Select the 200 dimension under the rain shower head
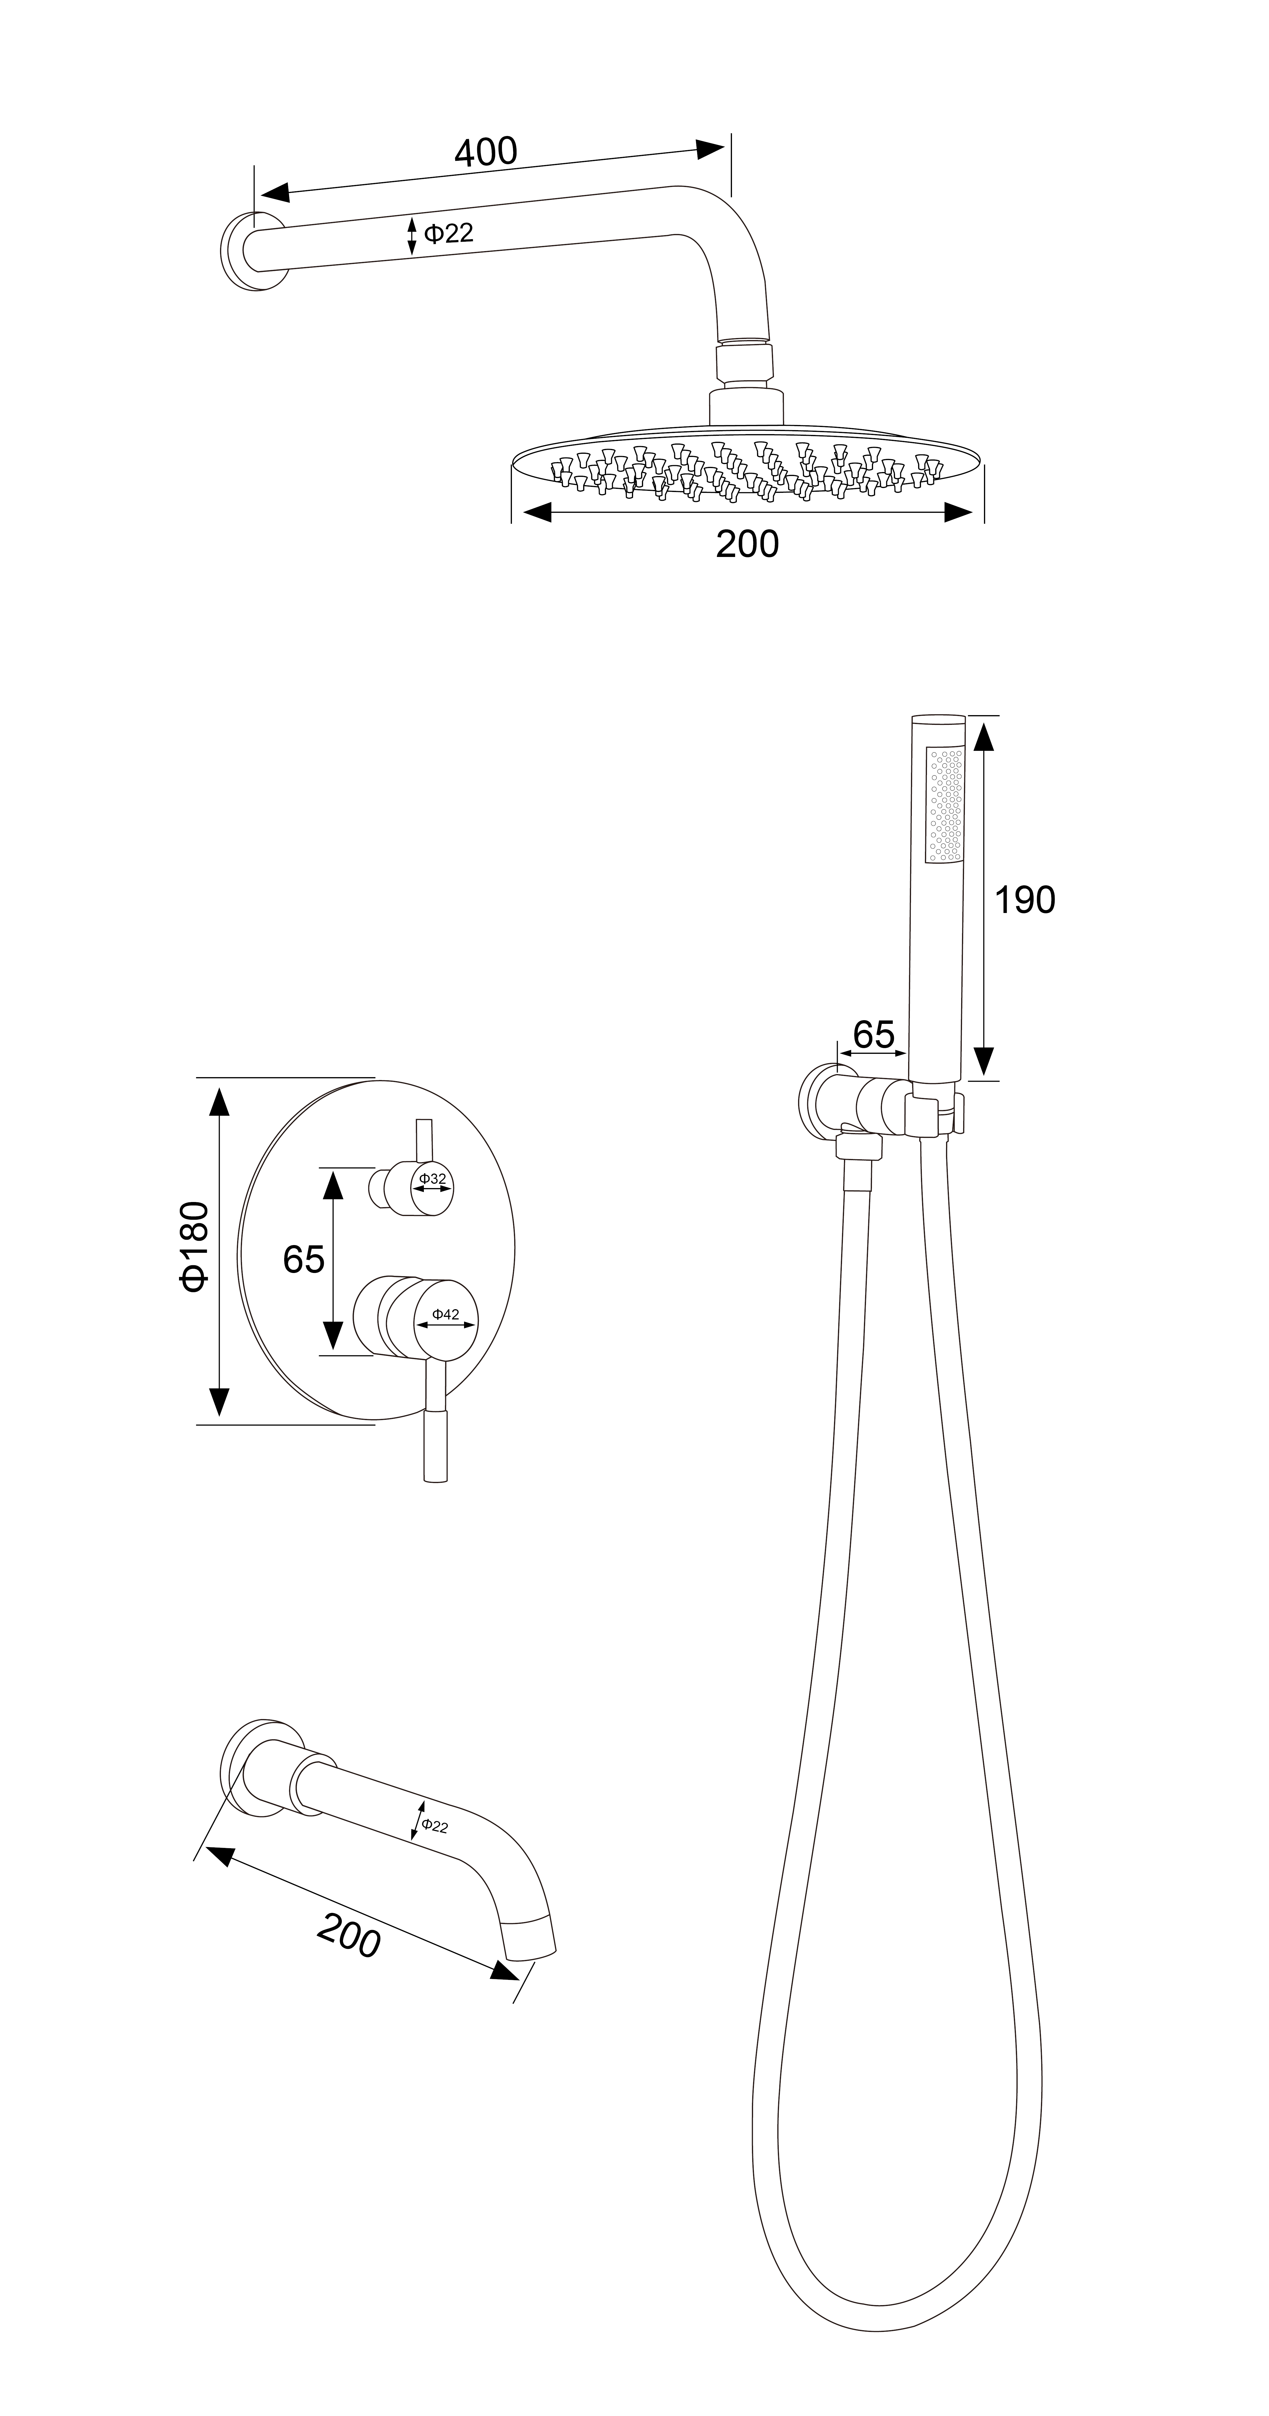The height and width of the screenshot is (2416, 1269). coord(747,544)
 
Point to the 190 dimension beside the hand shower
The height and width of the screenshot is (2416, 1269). coord(1024,899)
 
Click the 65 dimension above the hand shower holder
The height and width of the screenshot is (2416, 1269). coord(873,1034)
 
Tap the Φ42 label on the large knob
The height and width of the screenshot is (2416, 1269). coord(446,1315)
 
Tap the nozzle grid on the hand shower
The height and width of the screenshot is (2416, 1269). coord(944,804)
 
